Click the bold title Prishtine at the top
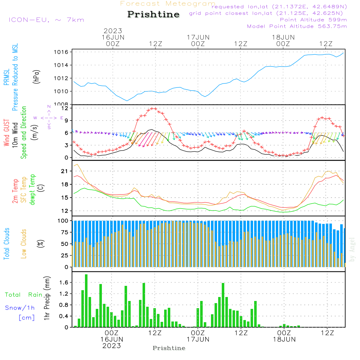[153, 14]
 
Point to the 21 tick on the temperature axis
[64, 171]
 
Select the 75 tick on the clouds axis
[64, 232]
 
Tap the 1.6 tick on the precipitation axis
[64, 283]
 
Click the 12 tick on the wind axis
[64, 108]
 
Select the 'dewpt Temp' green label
[32, 190]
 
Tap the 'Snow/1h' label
[20, 308]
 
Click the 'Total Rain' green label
[24, 295]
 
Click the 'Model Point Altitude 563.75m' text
[297, 26]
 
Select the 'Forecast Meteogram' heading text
[168, 4]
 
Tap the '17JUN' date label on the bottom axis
[198, 339]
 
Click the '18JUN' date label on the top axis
[283, 37]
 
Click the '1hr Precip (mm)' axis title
[46, 298]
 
